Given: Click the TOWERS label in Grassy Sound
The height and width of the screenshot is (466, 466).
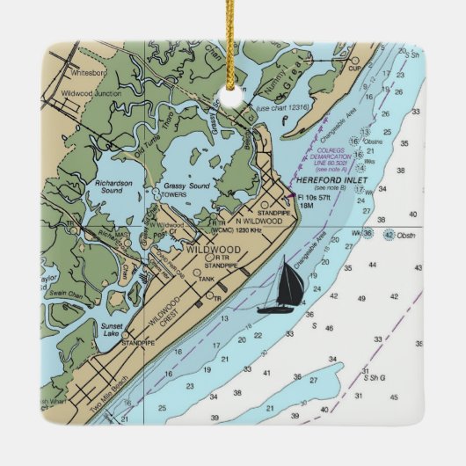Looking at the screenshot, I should [x=174, y=194].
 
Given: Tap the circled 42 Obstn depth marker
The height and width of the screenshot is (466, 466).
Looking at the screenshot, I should [x=388, y=234].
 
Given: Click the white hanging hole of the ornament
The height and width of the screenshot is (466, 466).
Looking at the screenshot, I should [x=233, y=98].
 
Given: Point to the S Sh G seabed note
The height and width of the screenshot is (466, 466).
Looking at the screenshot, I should [x=370, y=377].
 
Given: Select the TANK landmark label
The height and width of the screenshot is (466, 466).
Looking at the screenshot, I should [x=207, y=279].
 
